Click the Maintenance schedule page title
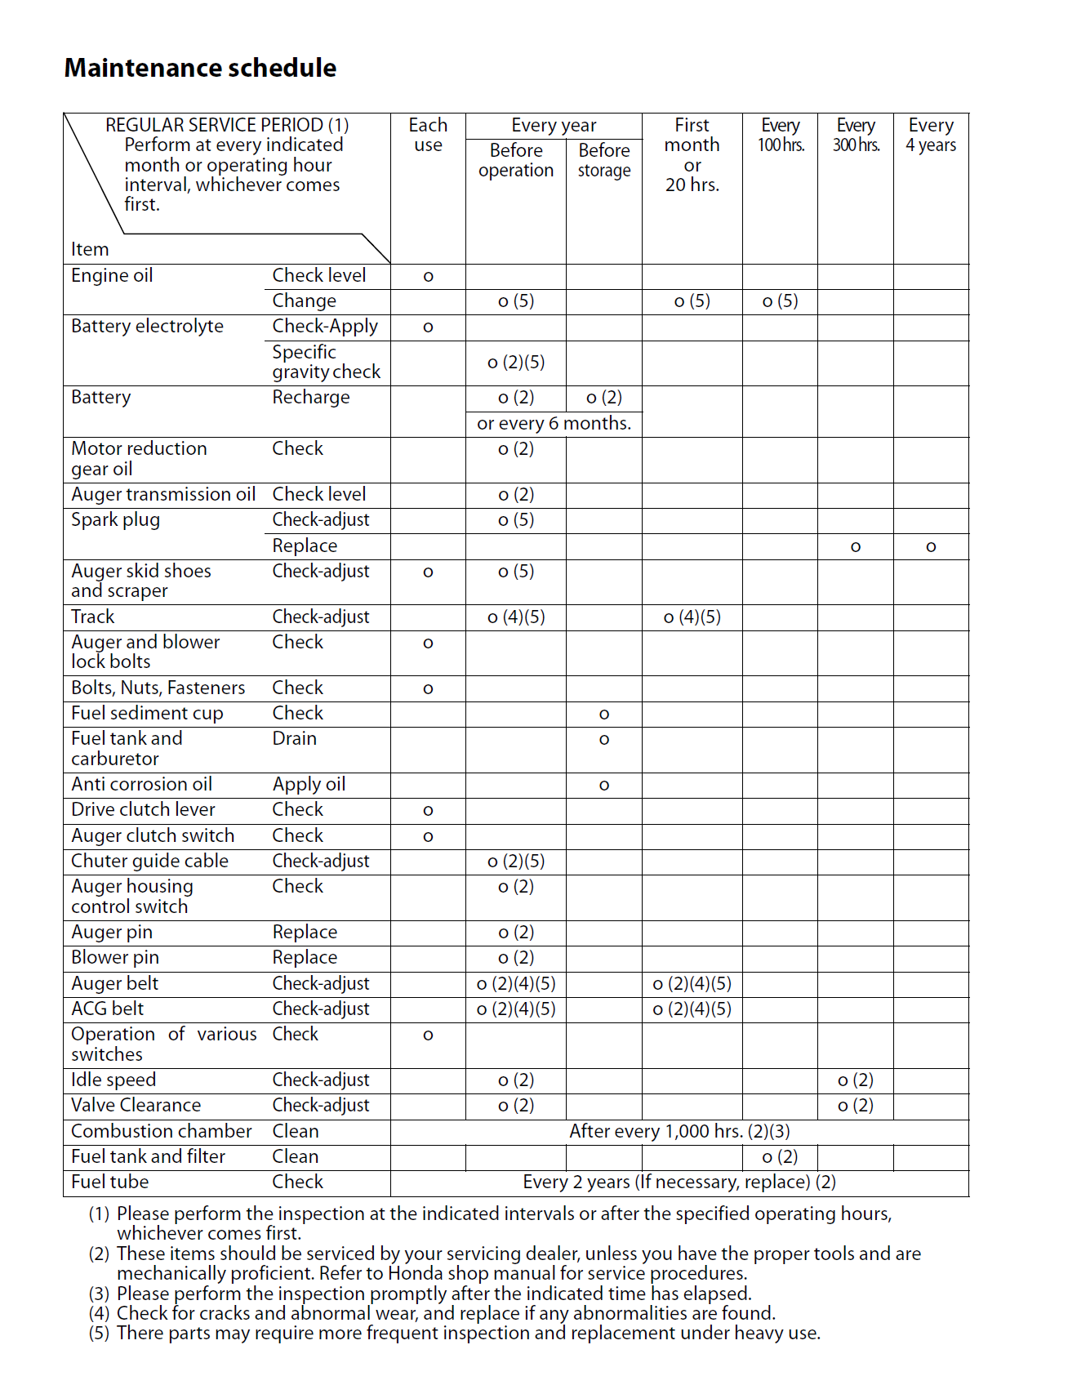200,68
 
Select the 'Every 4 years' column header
931,136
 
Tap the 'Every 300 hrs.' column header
856,136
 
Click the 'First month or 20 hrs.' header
692,155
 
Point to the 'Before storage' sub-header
604,160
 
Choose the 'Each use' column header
428,136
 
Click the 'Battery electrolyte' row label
147,327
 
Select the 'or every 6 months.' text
554,424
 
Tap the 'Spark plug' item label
115,520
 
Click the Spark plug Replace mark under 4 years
931,547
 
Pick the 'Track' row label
92,617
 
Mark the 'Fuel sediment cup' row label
147,714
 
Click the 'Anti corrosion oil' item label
141,785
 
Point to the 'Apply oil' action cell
309,785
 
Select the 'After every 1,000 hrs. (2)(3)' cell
679,1132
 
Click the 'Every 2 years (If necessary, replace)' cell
679,1182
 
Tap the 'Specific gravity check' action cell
326,363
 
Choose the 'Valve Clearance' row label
136,1106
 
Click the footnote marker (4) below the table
99,1314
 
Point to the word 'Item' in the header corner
90,250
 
